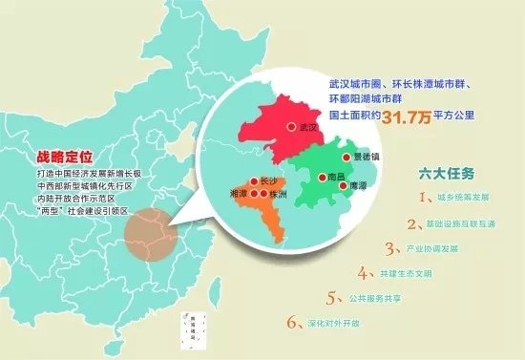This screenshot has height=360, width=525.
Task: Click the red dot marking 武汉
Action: click(x=290, y=126)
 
